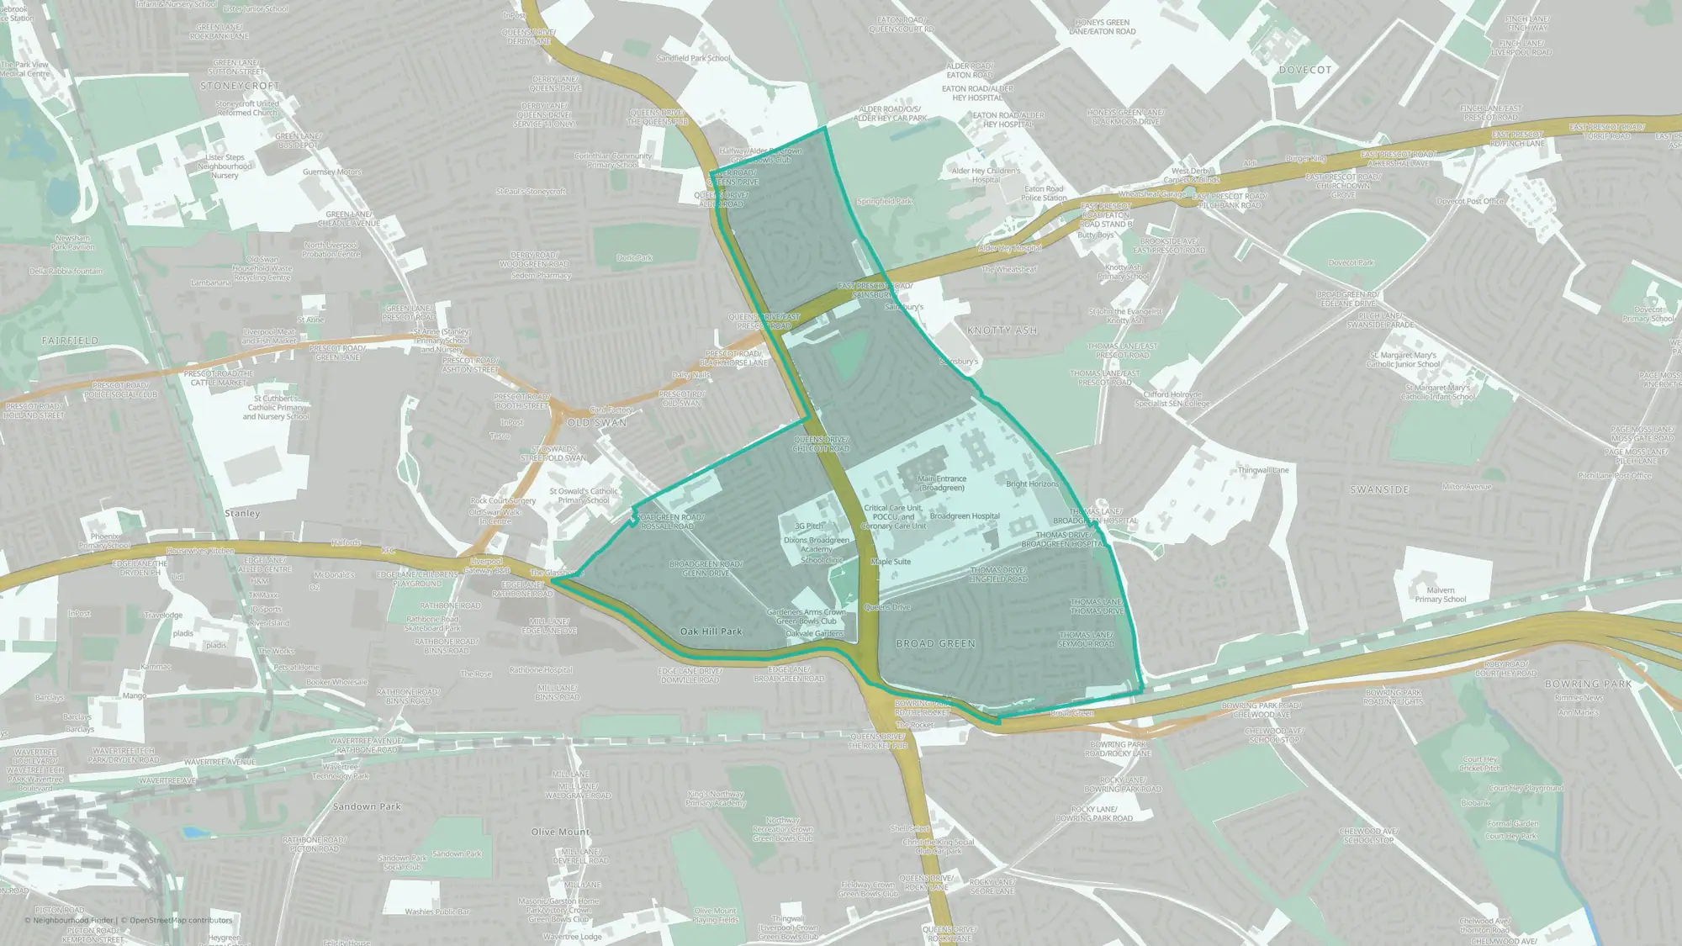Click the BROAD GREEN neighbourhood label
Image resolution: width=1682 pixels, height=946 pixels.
pos(935,643)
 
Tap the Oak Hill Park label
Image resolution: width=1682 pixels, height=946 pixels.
pos(711,632)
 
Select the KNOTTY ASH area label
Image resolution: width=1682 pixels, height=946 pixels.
pos(1002,330)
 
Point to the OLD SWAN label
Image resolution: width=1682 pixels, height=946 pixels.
pos(597,422)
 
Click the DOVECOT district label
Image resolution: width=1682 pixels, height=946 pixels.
pos(1304,70)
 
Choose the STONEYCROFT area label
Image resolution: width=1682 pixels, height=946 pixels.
pos(240,86)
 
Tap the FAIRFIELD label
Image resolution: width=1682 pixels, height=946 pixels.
pos(71,341)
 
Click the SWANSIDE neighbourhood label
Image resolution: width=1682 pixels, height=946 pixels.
pos(1379,489)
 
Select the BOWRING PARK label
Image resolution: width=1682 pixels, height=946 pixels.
pos(1588,684)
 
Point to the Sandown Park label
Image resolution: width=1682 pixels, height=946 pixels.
pos(367,806)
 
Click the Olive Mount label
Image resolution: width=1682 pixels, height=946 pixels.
pos(560,832)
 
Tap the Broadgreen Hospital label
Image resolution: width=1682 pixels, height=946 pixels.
pos(965,516)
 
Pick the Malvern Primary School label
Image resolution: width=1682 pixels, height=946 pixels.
pos(1440,595)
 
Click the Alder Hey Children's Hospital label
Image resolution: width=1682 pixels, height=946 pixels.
pos(986,175)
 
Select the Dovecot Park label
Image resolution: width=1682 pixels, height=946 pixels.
pos(1351,262)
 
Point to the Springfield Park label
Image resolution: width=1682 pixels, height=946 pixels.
pos(884,202)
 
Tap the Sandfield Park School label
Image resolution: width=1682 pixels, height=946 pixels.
pos(693,59)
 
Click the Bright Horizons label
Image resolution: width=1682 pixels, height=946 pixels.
pos(1032,484)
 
